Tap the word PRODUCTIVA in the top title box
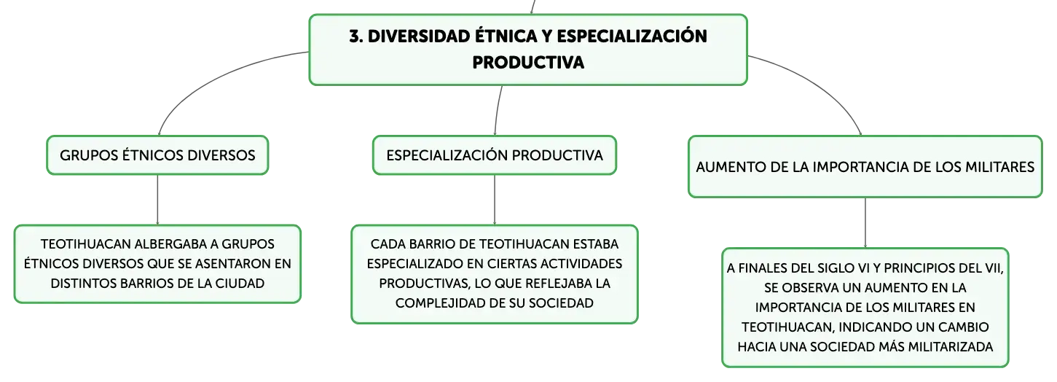click(x=528, y=62)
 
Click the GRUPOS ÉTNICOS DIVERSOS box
click(x=157, y=155)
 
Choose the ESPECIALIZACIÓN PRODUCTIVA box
click(x=495, y=155)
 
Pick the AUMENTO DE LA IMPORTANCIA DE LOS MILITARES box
click(x=865, y=167)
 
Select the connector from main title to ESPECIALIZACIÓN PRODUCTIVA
click(x=498, y=111)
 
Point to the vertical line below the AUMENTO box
click(x=865, y=223)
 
